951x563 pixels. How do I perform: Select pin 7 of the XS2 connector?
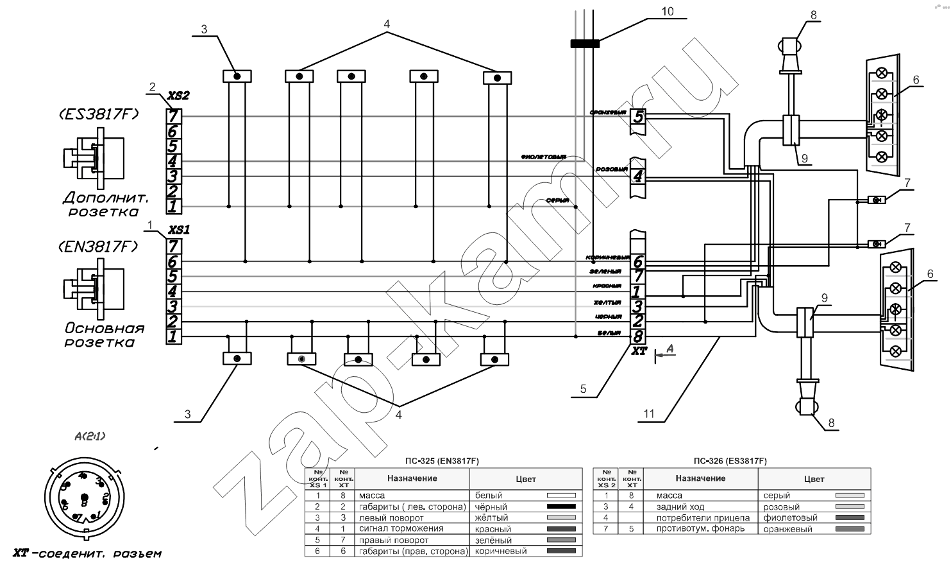click(174, 116)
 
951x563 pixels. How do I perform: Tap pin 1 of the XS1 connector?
click(173, 336)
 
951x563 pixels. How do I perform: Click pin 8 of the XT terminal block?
click(637, 336)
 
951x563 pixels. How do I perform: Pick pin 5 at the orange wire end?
click(638, 117)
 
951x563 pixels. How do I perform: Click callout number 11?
click(650, 414)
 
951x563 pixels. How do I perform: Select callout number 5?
click(583, 388)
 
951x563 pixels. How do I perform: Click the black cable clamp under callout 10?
click(585, 44)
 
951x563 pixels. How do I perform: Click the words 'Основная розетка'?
click(103, 335)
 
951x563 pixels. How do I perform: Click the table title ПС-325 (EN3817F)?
click(442, 461)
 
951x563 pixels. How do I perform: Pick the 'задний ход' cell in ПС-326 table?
click(679, 507)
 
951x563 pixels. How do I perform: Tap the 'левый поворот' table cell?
click(389, 517)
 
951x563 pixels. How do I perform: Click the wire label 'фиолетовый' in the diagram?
click(544, 157)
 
